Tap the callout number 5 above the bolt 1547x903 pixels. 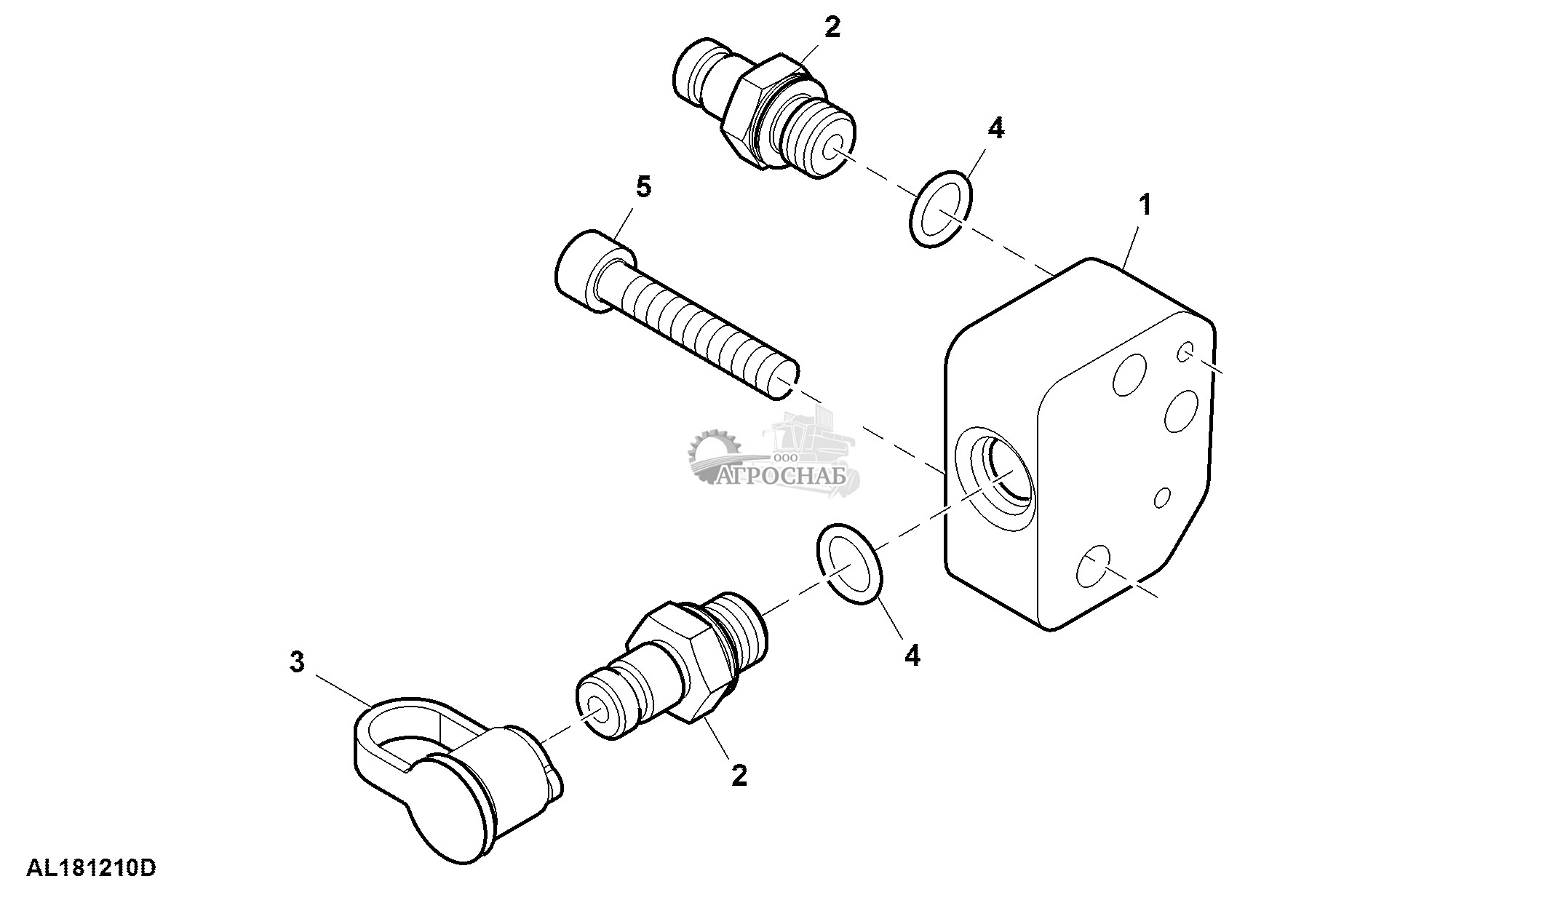click(643, 188)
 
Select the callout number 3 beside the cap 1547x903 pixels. click(297, 662)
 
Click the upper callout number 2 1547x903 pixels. click(832, 28)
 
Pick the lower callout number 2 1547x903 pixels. click(739, 776)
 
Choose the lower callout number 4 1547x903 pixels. click(912, 655)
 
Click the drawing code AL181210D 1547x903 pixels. click(92, 869)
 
